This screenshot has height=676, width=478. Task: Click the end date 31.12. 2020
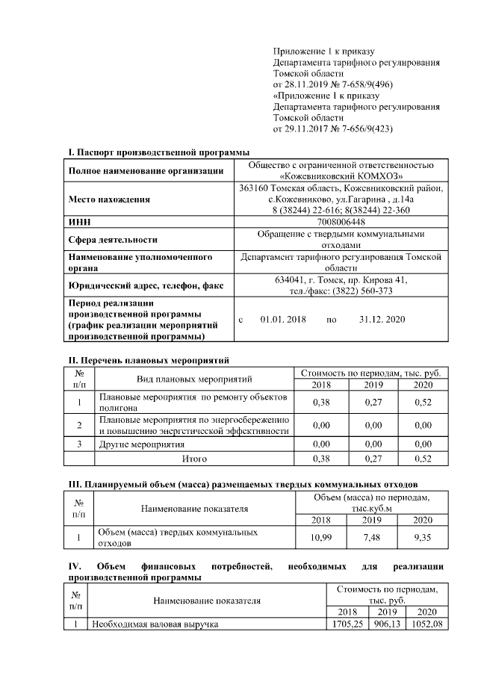pyautogui.click(x=382, y=319)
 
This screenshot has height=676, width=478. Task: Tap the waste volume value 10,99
pyautogui.click(x=320, y=536)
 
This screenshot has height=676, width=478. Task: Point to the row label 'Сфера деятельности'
pyautogui.click(x=113, y=240)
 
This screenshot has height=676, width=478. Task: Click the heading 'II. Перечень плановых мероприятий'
pyautogui.click(x=149, y=359)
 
